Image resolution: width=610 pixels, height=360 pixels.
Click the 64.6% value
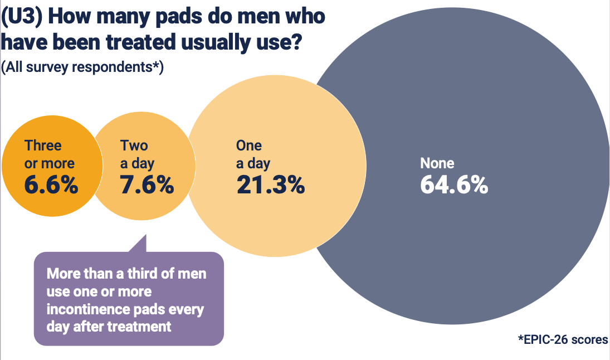pos(454,184)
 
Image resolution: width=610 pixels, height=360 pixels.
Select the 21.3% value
pos(270,184)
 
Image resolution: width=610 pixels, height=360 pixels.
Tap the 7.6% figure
pos(147,184)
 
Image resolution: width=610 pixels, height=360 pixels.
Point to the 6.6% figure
pos(51,184)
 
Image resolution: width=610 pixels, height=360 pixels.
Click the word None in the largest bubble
pos(437,163)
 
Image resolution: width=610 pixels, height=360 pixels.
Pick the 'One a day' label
pos(253,154)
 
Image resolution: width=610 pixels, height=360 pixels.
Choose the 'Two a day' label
pos(137,154)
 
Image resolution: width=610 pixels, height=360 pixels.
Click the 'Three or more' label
pos(49,154)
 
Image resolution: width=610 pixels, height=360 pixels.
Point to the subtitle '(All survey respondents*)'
pos(82,67)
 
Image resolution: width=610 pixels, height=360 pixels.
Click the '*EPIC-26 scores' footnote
pos(563,339)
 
